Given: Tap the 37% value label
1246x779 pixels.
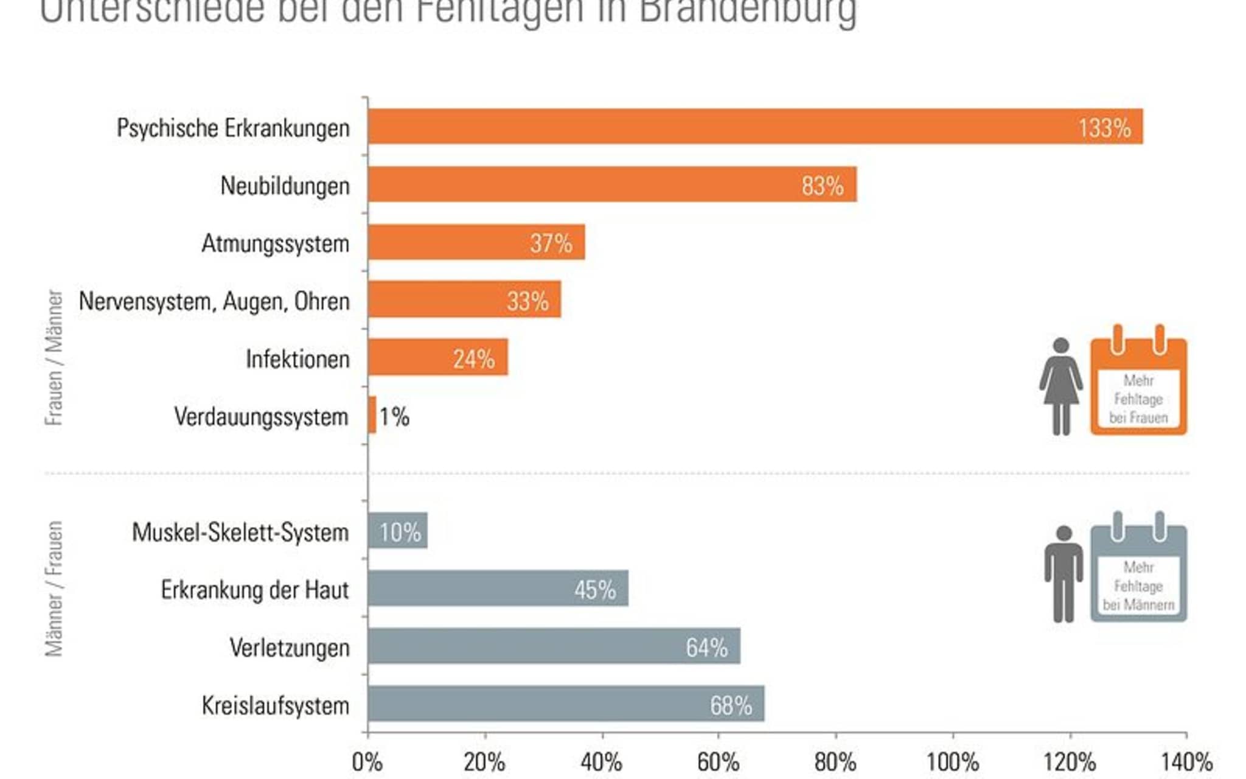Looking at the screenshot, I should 551,243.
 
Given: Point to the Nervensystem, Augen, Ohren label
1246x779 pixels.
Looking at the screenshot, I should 214,301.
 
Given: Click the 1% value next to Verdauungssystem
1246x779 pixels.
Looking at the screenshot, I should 394,417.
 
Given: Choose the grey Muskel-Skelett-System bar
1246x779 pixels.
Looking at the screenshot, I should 397,531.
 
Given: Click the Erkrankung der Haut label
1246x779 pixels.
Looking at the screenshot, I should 255,590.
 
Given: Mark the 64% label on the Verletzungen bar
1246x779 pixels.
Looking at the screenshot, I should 706,648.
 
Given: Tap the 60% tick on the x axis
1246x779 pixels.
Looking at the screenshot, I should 718,762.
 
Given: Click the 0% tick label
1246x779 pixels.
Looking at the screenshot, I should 367,762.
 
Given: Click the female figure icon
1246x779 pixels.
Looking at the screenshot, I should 1061,386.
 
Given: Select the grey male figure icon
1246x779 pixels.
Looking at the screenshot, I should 1063,574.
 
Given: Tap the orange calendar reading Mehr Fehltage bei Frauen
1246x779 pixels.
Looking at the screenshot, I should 1138,383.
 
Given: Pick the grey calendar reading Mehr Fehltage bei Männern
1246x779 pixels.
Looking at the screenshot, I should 1138,571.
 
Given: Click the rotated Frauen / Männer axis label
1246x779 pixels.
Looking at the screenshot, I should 54,357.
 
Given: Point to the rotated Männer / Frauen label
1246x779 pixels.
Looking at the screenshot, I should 54,589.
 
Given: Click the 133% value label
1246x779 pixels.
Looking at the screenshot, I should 1104,128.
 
